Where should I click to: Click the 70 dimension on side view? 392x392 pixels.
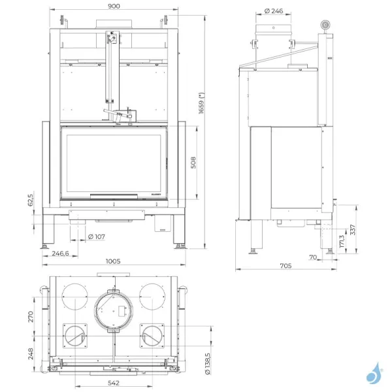click(x=313, y=257)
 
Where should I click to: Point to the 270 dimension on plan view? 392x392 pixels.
click(x=31, y=317)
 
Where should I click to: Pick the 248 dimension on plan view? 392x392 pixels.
click(x=31, y=353)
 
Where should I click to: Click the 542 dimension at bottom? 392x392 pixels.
click(x=114, y=382)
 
